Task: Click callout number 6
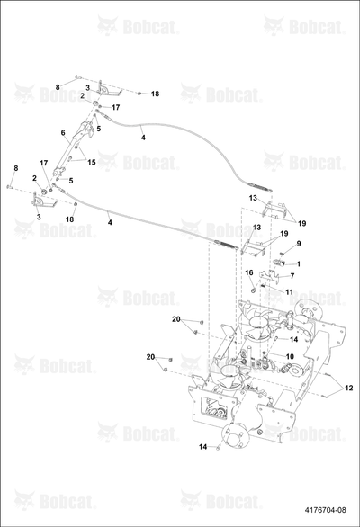pyautogui.click(x=63, y=133)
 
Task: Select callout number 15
pyautogui.click(x=92, y=163)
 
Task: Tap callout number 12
pyautogui.click(x=349, y=388)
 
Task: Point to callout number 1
pyautogui.click(x=298, y=263)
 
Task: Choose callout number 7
pyautogui.click(x=292, y=276)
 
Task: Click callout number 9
pyautogui.click(x=299, y=244)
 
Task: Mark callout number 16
pyautogui.click(x=249, y=272)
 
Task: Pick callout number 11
pyautogui.click(x=289, y=292)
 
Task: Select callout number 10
pyautogui.click(x=290, y=356)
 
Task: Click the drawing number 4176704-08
pyautogui.click(x=325, y=510)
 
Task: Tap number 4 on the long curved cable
pyautogui.click(x=143, y=138)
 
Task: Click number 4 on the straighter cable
pyautogui.click(x=110, y=222)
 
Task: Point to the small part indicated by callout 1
pyautogui.click(x=280, y=263)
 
